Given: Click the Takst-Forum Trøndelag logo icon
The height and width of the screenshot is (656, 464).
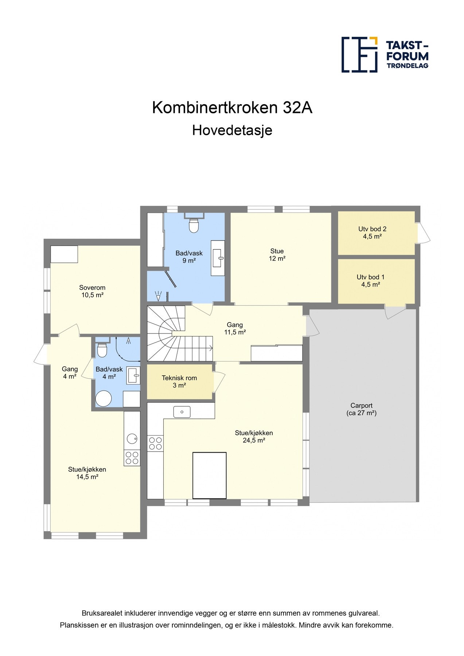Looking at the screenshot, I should [359, 54].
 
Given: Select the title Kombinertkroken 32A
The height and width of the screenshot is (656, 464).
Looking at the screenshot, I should [232, 108].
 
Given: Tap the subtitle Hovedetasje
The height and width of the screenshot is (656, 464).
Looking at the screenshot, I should [232, 130].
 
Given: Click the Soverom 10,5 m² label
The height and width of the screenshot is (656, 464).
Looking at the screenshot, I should [92, 291].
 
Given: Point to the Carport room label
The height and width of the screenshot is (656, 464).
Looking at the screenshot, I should [361, 409].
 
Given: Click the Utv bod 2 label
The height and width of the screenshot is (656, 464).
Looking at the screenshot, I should [372, 233].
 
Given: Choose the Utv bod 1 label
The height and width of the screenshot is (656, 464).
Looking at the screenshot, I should [370, 281].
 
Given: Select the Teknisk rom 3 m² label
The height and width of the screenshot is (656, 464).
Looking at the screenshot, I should [179, 382].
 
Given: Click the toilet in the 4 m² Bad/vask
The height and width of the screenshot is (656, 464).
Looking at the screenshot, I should [102, 351].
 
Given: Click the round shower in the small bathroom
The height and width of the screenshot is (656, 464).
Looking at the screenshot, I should [104, 398].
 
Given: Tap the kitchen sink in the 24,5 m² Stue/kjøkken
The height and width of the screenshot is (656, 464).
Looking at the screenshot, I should [182, 412].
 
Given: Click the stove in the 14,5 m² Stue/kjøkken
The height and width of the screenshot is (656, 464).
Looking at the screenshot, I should [132, 458].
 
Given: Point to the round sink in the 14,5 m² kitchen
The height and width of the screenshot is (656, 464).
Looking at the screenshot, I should [132, 438].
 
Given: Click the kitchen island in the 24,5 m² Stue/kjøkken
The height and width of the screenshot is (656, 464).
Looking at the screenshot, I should [209, 475].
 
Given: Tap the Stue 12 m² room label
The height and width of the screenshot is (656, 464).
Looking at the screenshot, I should [277, 255].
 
